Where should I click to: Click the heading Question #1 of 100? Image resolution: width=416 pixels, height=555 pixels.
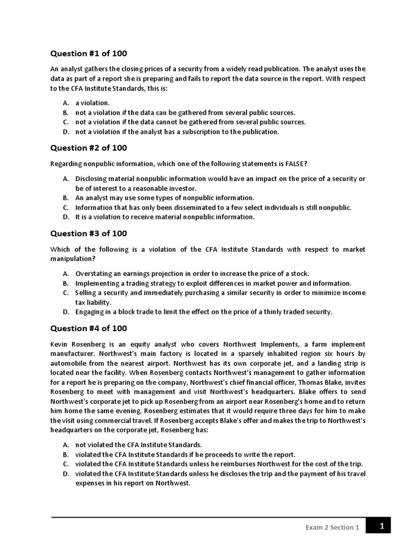tap(89, 54)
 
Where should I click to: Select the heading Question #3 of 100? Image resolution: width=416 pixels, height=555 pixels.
tap(89, 234)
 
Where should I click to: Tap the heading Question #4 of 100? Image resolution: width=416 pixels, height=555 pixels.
tap(89, 328)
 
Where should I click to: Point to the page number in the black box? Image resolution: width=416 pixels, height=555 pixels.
tap(381, 525)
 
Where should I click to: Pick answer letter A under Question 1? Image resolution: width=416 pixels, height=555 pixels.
tap(66, 102)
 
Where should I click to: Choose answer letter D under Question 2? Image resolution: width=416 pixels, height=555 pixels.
tap(66, 217)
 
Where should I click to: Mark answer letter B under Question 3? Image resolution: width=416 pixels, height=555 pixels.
tap(66, 283)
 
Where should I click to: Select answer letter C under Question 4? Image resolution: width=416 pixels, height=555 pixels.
tap(66, 464)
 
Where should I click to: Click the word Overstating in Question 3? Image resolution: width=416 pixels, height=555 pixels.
tap(95, 274)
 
